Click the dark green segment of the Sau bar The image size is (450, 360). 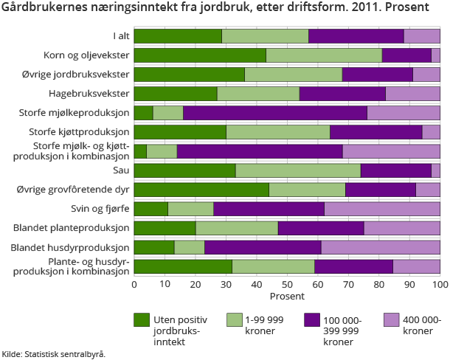click(184, 170)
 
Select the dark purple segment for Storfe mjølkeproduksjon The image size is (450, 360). click(275, 112)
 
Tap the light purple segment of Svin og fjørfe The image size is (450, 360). click(382, 209)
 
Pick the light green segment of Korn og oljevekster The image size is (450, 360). click(324, 55)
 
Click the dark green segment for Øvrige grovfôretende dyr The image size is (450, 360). click(201, 190)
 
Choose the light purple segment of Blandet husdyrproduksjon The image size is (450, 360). click(381, 247)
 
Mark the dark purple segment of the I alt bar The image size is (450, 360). click(356, 35)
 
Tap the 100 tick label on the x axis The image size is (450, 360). click(440, 285)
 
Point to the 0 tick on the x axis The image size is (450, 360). click(134, 285)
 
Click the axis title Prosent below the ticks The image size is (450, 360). click(286, 296)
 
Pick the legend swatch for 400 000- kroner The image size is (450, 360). click(392, 320)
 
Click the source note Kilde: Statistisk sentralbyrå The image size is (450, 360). click(53, 353)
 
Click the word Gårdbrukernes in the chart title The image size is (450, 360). click(44, 10)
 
